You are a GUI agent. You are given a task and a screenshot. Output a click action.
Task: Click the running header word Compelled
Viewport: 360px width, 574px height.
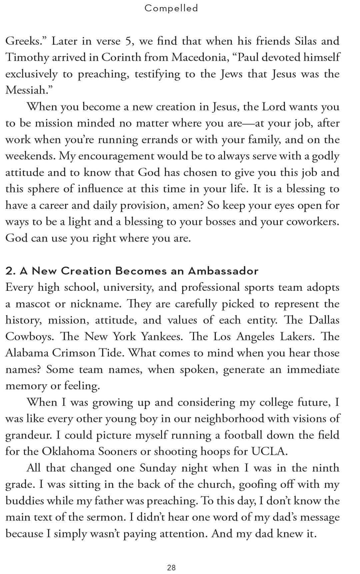pyautogui.click(x=171, y=8)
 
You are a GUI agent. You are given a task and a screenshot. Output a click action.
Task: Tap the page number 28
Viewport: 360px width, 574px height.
pyautogui.click(x=171, y=567)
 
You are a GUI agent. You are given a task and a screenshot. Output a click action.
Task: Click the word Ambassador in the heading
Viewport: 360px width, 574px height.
pyautogui.click(x=223, y=271)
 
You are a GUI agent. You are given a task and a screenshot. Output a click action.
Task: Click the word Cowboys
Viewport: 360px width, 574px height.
pyautogui.click(x=29, y=337)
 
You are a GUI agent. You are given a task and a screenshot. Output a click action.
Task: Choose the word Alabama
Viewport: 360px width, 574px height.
pyautogui.click(x=27, y=353)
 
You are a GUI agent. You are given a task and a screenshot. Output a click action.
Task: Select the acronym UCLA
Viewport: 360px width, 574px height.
pyautogui.click(x=269, y=452)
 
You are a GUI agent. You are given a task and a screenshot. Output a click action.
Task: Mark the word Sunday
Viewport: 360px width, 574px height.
pyautogui.click(x=158, y=468)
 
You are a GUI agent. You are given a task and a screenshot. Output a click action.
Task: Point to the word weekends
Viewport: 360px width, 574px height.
pyautogui.click(x=30, y=156)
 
